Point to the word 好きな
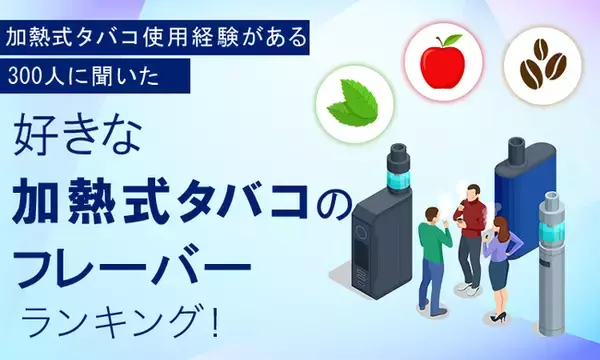pyautogui.click(x=72, y=140)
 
